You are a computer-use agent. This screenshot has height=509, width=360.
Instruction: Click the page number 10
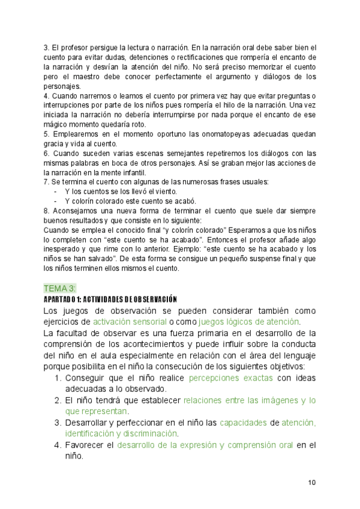[312, 482]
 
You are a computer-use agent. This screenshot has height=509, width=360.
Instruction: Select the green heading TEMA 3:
[59, 288]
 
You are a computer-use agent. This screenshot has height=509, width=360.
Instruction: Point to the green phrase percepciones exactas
[231, 378]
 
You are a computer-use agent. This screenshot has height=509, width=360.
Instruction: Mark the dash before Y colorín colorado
[55, 200]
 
